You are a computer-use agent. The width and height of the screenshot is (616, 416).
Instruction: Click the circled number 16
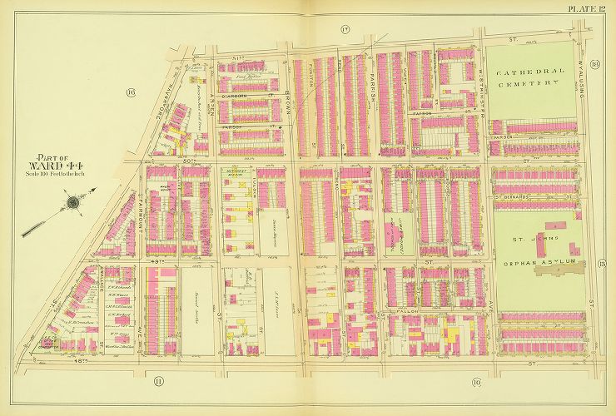tap(131, 92)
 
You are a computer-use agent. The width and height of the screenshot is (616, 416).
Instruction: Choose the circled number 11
tap(159, 381)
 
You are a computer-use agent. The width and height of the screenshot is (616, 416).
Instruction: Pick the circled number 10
tap(476, 382)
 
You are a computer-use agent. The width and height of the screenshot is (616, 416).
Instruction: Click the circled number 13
tap(599, 265)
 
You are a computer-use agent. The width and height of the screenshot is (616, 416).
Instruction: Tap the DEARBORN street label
tap(249, 95)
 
